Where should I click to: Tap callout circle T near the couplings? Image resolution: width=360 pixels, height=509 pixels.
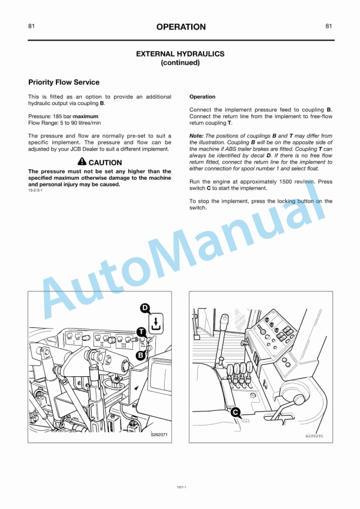[x=141, y=332]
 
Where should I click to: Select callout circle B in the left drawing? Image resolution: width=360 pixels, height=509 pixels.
[x=141, y=355]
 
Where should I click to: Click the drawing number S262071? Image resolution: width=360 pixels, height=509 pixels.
[x=159, y=435]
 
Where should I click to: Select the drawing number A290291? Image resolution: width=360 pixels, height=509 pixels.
[x=314, y=436]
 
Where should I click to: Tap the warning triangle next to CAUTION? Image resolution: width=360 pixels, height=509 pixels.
[x=82, y=162]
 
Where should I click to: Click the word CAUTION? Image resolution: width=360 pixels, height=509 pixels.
[x=105, y=163]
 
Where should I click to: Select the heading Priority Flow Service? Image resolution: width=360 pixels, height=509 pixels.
[x=64, y=82]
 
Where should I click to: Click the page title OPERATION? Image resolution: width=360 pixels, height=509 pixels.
[x=181, y=26]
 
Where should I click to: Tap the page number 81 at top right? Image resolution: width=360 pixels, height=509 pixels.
[x=328, y=26]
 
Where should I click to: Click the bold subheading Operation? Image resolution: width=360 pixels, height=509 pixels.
[x=202, y=97]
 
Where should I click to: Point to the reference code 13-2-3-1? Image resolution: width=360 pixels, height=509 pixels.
[x=35, y=191]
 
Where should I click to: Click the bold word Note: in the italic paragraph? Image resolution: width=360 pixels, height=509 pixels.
[x=196, y=136]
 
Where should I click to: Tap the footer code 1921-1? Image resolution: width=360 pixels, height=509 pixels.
[x=181, y=487]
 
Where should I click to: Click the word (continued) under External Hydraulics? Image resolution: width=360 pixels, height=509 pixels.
[x=180, y=62]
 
